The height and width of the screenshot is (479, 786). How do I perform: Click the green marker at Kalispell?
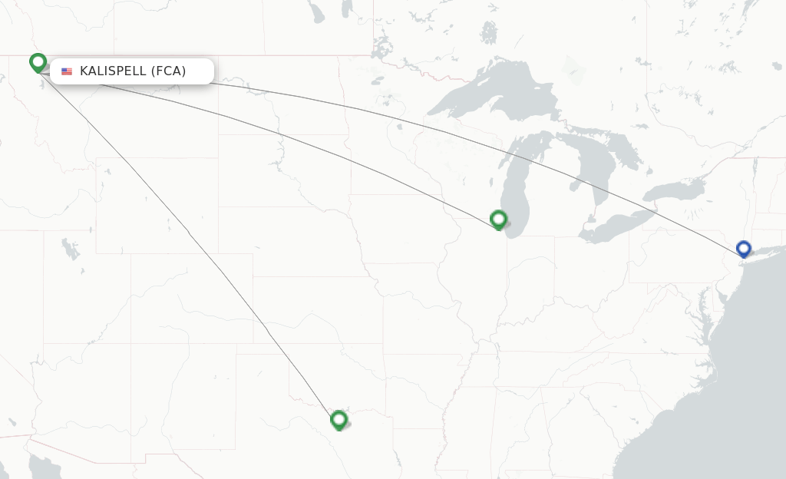click(x=38, y=61)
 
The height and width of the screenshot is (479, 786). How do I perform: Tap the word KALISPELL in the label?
click(x=113, y=71)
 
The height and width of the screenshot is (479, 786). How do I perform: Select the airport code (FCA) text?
click(x=168, y=71)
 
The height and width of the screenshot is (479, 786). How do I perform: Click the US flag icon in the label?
click(x=67, y=71)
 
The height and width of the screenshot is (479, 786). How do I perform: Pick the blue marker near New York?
click(x=743, y=248)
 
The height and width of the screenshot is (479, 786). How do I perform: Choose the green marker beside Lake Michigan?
click(x=498, y=220)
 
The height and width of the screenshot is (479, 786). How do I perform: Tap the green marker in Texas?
click(x=339, y=419)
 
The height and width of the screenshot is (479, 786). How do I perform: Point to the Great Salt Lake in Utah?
click(x=70, y=249)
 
